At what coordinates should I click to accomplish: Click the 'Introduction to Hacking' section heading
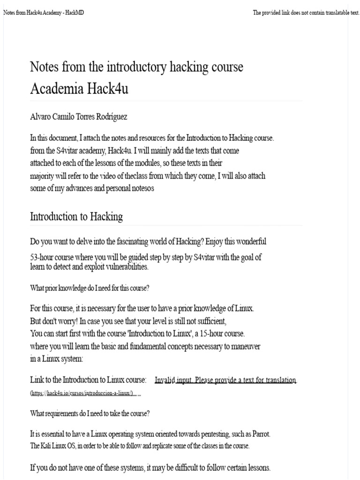(76, 217)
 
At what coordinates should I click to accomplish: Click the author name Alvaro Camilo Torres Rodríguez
(78, 117)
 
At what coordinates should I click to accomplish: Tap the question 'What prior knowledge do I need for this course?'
(90, 288)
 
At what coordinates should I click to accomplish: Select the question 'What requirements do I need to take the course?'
(90, 413)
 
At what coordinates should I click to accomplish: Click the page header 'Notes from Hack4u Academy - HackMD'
(44, 13)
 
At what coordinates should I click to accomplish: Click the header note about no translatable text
(306, 13)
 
